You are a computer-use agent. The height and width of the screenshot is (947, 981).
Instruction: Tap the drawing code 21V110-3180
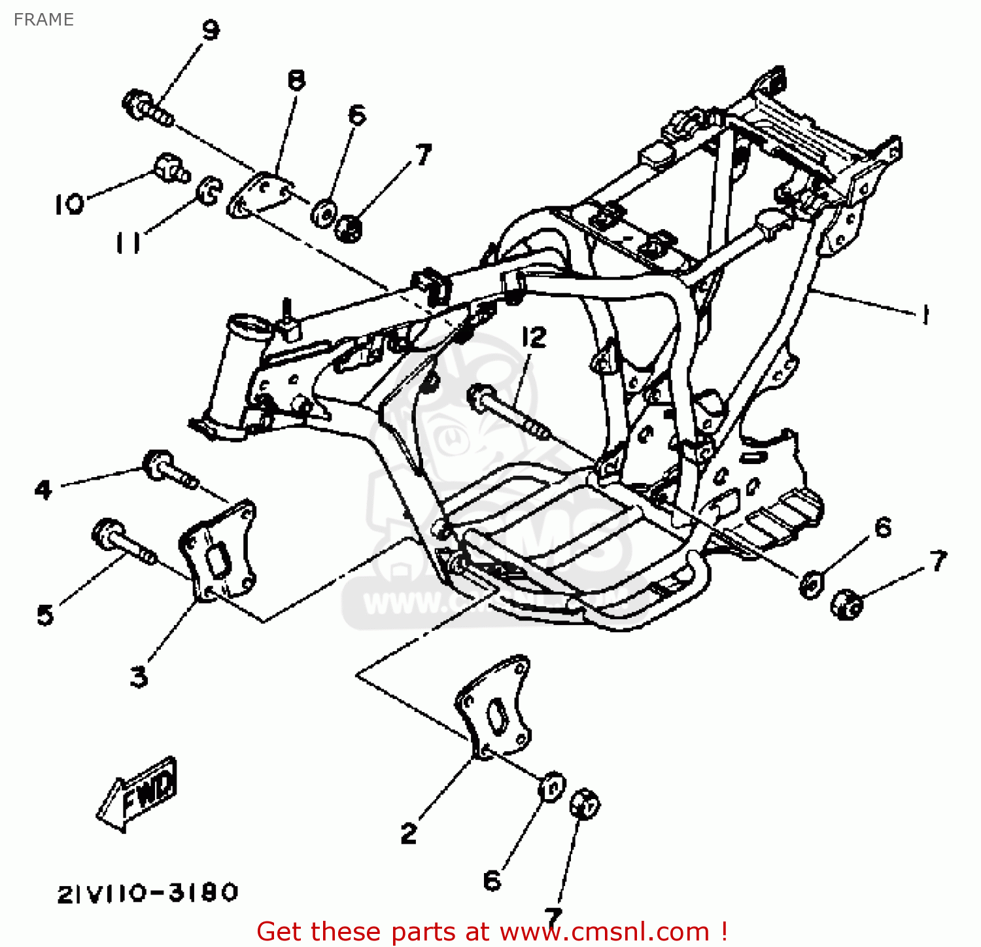point(148,893)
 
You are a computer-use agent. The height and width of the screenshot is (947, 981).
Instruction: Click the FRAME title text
point(44,20)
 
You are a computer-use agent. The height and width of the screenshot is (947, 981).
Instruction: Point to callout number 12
point(534,338)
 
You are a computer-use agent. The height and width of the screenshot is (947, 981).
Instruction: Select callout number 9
point(210,30)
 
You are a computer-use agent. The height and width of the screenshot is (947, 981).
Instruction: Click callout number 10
point(69,204)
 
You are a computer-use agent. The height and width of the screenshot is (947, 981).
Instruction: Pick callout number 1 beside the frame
point(924,315)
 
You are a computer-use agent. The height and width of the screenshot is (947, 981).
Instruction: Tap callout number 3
point(139,676)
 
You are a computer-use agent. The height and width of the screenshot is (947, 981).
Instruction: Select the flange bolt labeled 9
point(147,109)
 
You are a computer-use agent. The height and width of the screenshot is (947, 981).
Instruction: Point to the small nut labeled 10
point(171,168)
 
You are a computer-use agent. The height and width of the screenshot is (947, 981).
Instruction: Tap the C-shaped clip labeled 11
point(209,190)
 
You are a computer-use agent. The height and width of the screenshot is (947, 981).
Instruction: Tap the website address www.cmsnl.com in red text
point(604,931)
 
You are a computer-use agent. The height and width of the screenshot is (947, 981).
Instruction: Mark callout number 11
point(128,243)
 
